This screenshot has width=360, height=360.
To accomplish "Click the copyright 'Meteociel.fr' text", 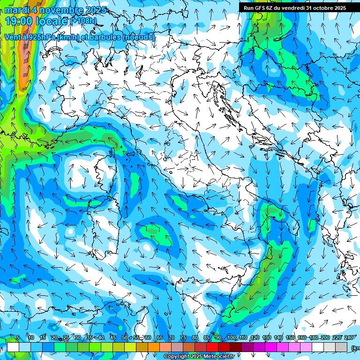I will click(216, 357).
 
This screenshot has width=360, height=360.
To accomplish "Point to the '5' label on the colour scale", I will click(18, 337).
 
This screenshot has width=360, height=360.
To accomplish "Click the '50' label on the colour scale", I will click(125, 337).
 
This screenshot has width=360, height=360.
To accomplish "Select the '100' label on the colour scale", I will click(231, 337).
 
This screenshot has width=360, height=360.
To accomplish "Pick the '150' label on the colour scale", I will click(290, 337).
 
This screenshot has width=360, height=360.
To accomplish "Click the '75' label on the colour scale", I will click(183, 337).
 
